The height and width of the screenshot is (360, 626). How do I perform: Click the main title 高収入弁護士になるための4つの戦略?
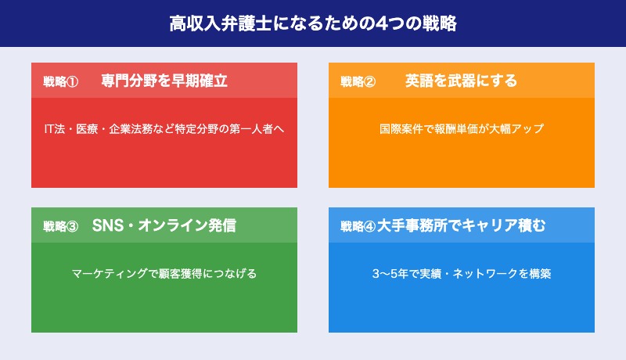(313, 23)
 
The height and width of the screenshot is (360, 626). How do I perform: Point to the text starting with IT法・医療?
(164, 129)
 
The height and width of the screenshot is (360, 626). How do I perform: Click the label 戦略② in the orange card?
(358, 81)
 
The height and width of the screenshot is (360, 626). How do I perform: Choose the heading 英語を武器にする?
(462, 81)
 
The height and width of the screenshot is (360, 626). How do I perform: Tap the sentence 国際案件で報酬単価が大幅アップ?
(462, 129)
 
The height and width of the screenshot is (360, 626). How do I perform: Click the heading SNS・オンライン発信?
(164, 225)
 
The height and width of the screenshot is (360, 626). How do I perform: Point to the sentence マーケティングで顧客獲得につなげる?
(164, 274)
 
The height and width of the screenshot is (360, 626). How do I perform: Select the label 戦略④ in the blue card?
(358, 226)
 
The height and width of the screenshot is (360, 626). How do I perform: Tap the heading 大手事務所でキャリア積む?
(461, 225)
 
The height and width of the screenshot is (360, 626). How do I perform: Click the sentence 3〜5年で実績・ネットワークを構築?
(462, 274)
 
